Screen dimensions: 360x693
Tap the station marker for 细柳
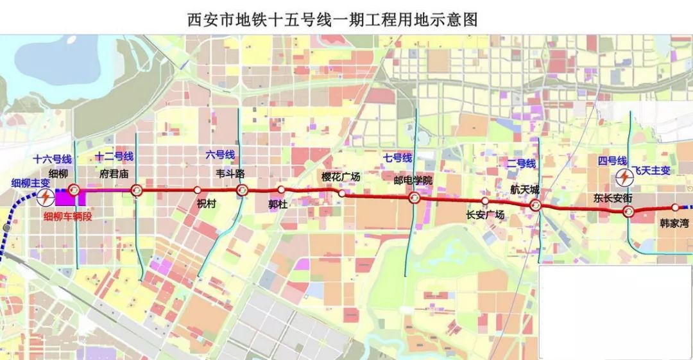pos(74,189)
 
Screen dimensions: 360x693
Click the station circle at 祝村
pos(198,190)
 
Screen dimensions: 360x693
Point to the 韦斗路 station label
pos(230,174)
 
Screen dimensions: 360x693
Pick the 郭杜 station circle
pos(281,190)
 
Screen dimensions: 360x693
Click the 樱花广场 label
pos(341,176)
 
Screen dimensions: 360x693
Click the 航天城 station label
pos(524,189)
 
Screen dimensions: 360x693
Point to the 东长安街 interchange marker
pos(629,212)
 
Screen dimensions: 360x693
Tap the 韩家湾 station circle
pos(675,208)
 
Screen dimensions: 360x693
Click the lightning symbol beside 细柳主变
pos(45,197)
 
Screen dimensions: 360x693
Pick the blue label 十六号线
pos(53,159)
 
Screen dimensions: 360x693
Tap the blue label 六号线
pos(220,155)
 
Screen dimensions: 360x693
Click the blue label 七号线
pos(398,157)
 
